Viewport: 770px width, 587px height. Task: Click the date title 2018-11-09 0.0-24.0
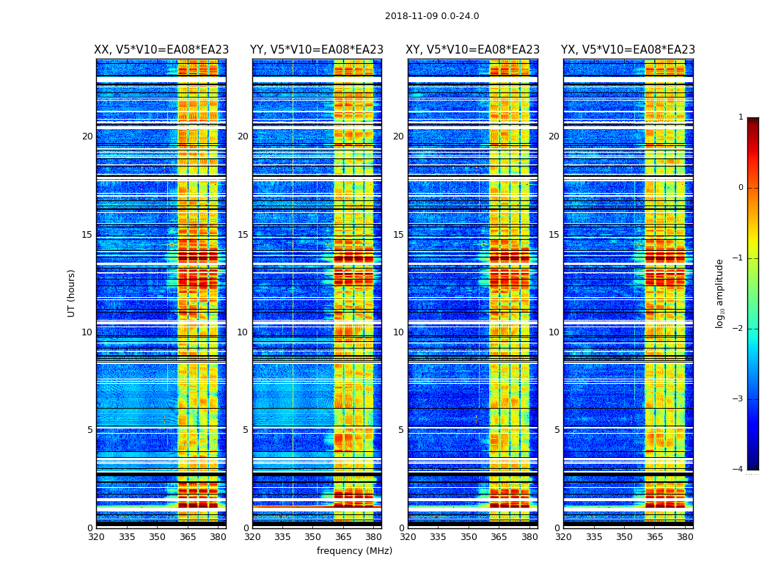(x=432, y=16)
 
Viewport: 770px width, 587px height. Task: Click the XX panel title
(x=161, y=50)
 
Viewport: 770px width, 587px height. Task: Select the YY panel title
(x=317, y=50)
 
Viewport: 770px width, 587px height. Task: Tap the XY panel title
(x=472, y=50)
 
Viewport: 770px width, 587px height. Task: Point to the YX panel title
(x=628, y=50)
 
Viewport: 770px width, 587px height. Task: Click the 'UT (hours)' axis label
(x=72, y=293)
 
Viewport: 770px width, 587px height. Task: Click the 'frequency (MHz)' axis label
(x=354, y=551)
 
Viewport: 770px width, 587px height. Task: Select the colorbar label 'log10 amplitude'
(x=720, y=293)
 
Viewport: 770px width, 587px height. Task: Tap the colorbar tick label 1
(x=741, y=117)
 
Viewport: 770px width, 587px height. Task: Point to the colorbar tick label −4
(x=738, y=470)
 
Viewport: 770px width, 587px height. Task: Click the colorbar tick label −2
(x=738, y=329)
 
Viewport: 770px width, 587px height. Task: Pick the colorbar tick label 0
(x=741, y=188)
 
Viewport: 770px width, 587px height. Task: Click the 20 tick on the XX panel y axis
(x=87, y=136)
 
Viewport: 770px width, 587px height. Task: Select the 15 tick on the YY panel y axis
(x=243, y=235)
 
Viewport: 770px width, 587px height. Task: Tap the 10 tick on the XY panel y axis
(x=398, y=332)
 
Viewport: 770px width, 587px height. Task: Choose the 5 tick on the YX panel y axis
(x=557, y=430)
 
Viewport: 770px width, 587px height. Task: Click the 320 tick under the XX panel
(x=96, y=537)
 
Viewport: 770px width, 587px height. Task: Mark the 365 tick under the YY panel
(x=343, y=537)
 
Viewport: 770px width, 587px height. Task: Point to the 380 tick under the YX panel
(x=685, y=537)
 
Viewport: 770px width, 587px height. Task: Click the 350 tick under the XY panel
(x=469, y=537)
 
